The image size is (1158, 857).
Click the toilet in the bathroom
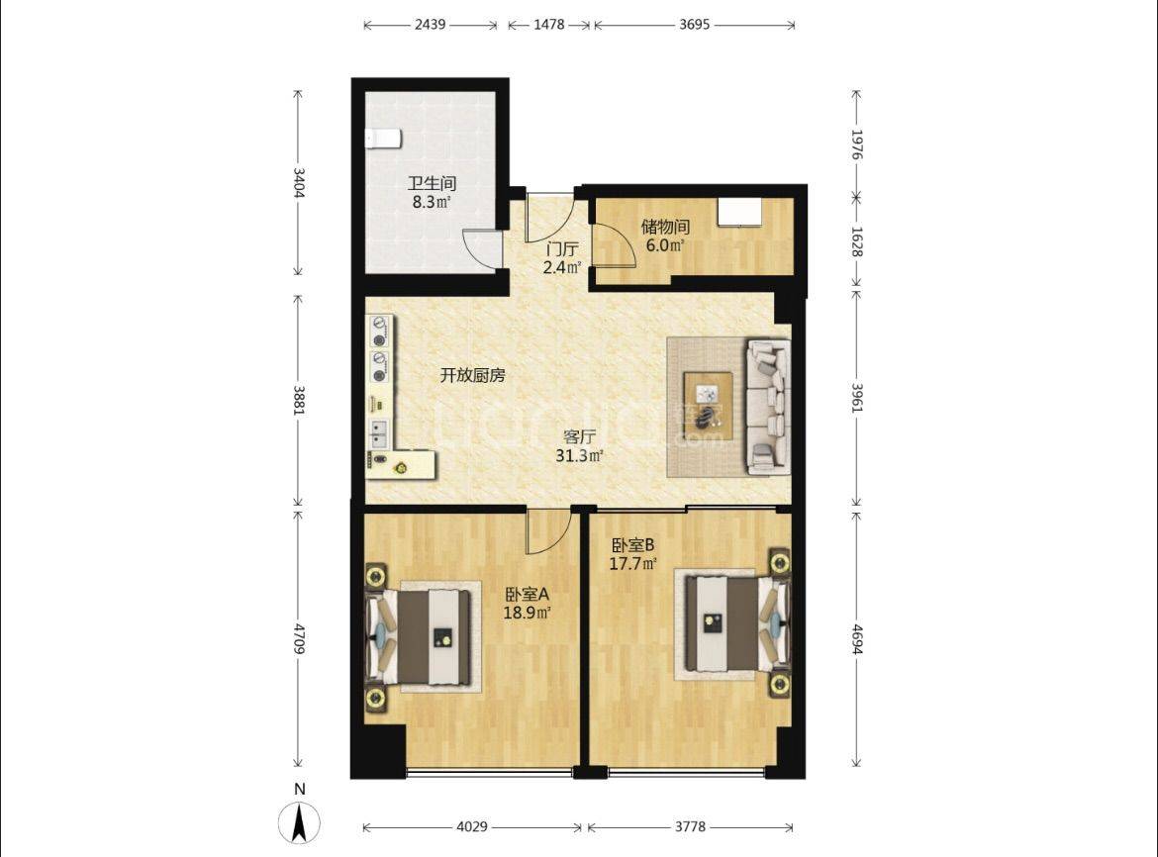click(383, 138)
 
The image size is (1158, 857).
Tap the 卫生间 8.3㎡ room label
click(433, 192)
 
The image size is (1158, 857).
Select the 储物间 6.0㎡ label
click(665, 236)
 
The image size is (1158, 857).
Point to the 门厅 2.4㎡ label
click(562, 258)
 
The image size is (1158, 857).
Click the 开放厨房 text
click(473, 376)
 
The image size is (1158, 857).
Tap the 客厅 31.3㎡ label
click(580, 446)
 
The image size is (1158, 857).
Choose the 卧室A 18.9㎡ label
click(529, 603)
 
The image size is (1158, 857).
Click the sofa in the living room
click(768, 406)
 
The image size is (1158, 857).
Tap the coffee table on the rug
click(709, 406)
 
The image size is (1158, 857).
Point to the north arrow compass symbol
click(299, 822)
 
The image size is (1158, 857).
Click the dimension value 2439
click(430, 25)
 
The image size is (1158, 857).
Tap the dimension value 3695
click(694, 25)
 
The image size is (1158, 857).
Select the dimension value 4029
click(472, 826)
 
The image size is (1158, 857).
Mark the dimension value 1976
click(857, 144)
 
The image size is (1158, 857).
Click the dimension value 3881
click(299, 400)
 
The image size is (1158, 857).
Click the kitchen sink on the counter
click(379, 434)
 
